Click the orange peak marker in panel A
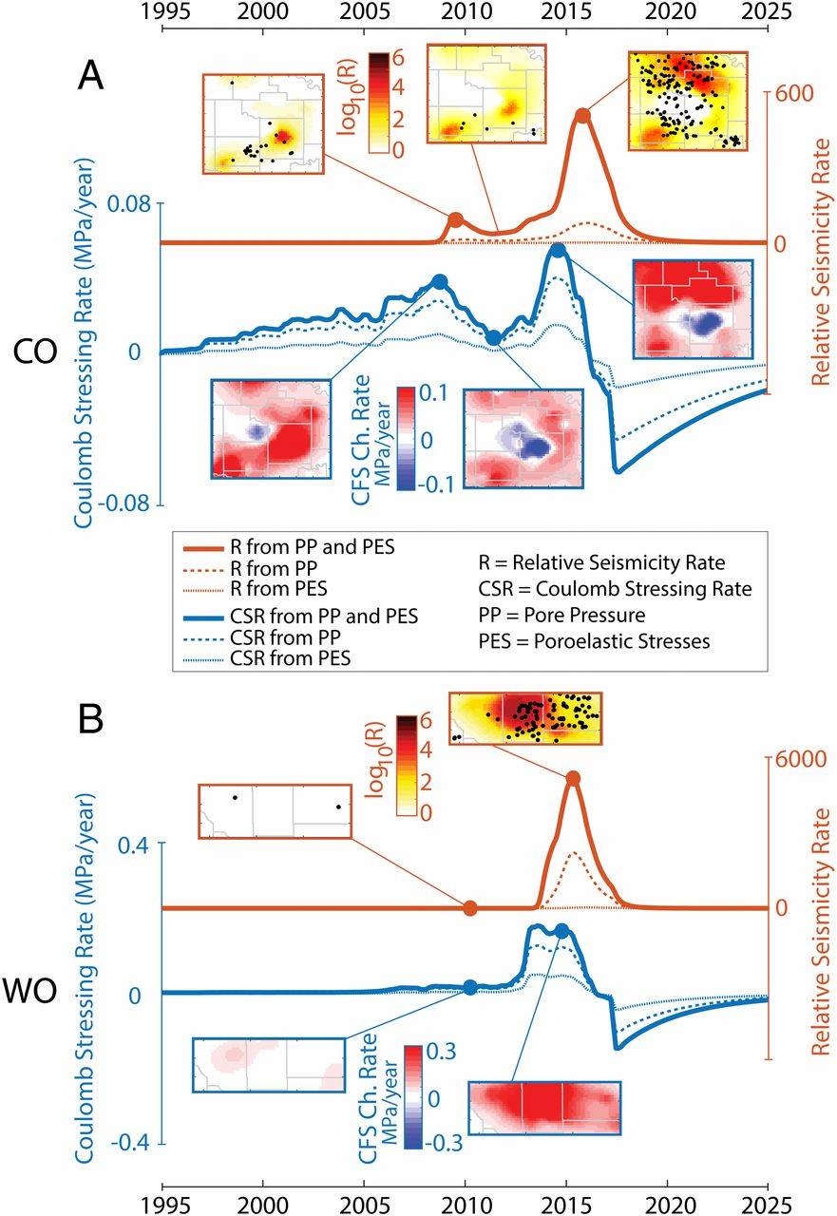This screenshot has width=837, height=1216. tap(582, 115)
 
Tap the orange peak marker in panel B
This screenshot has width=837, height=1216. tap(573, 778)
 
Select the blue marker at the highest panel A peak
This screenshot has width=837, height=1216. tap(558, 250)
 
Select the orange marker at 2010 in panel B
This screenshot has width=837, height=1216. tap(469, 908)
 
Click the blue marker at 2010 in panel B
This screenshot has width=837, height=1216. tap(469, 987)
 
